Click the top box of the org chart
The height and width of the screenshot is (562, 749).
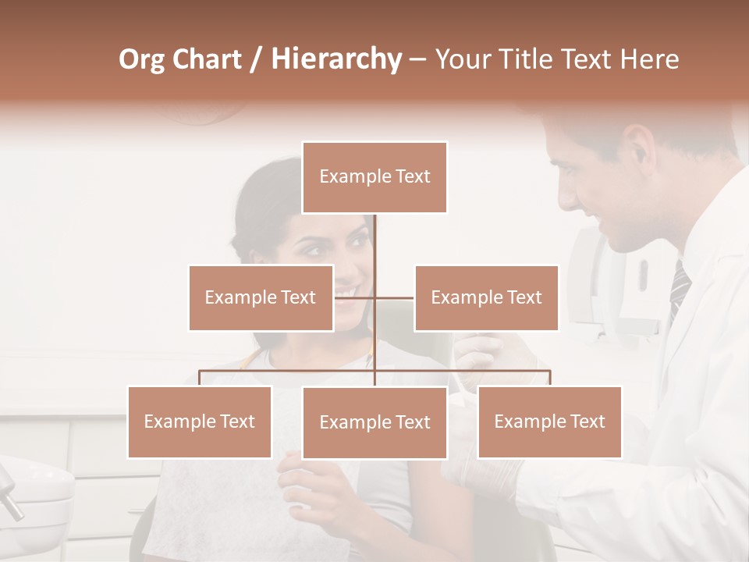(x=374, y=177)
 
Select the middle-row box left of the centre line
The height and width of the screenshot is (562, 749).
(x=261, y=297)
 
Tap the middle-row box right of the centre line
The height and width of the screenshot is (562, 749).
(x=486, y=297)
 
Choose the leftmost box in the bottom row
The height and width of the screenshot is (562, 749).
(x=200, y=421)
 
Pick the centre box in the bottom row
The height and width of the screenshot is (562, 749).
(x=374, y=422)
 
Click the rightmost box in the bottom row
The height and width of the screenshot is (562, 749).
(x=549, y=421)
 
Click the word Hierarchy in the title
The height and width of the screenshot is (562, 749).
(x=336, y=59)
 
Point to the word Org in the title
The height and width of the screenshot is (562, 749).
(x=141, y=59)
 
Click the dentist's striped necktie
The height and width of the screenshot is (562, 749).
(x=679, y=289)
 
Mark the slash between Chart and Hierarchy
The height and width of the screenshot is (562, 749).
(x=256, y=59)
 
